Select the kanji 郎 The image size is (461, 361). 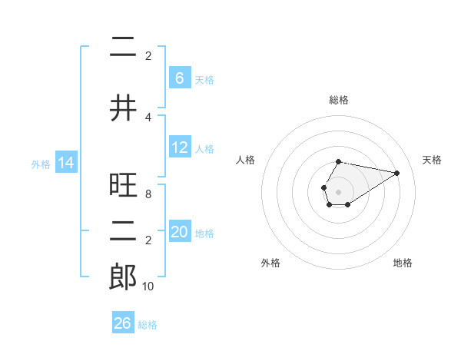123,277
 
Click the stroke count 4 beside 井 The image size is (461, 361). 148,117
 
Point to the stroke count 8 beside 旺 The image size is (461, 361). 148,195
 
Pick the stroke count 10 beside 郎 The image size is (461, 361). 148,286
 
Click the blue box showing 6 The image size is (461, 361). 179,78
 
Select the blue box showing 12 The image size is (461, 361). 179,147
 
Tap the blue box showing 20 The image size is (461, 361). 179,232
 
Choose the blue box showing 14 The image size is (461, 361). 65,163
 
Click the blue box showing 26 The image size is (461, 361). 123,323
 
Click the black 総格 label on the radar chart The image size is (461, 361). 339,100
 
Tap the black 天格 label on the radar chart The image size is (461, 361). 432,160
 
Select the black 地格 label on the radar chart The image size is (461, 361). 403,263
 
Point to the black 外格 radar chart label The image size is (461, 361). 270,263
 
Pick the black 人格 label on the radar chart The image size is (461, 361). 246,160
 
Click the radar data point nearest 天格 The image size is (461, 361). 396,173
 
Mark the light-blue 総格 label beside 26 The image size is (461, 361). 148,325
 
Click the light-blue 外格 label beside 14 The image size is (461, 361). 40,164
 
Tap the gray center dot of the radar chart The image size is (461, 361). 338,191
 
